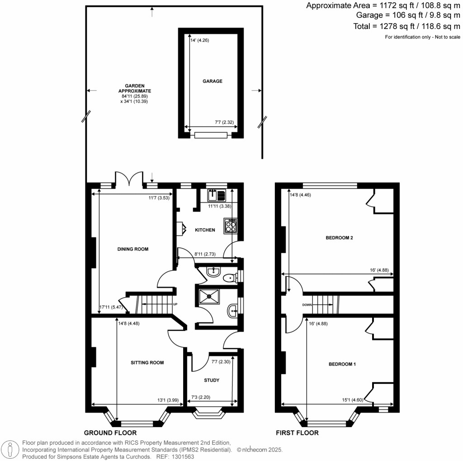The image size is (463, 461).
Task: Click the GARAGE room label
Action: (212, 82)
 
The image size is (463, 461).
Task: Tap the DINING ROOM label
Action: (133, 249)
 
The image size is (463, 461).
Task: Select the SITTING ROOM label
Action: (147, 362)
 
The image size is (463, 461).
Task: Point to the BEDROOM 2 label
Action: (339, 238)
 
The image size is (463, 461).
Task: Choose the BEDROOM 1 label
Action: (342, 364)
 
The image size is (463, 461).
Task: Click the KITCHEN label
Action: (205, 230)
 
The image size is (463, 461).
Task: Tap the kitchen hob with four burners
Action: (231, 226)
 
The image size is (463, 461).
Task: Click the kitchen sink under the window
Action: (217, 196)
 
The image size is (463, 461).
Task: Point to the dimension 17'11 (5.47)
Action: (109, 307)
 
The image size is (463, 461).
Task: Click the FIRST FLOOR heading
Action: (297, 433)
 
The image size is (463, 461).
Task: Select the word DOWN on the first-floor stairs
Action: (307, 305)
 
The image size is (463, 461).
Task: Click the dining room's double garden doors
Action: (129, 180)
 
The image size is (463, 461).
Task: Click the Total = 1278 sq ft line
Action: (406, 27)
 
